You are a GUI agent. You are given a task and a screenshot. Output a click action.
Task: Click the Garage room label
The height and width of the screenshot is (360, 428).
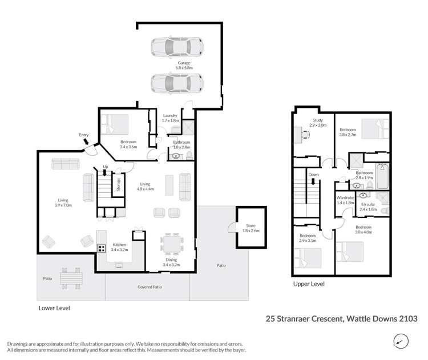tap(183, 64)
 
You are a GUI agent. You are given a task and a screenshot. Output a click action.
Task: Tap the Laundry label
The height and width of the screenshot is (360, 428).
tap(170, 116)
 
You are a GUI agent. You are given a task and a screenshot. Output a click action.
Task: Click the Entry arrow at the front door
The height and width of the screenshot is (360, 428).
tap(85, 141)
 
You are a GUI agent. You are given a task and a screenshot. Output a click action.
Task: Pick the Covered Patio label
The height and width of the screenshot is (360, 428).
tap(150, 286)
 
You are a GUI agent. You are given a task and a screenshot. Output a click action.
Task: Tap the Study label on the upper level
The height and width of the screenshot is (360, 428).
tap(318, 120)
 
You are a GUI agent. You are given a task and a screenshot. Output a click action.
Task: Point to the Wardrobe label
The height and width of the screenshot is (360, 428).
tap(345, 198)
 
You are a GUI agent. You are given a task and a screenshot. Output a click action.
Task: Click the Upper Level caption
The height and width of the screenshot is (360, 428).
tap(309, 283)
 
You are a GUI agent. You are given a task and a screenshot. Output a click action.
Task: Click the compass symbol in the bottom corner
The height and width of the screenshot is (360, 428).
tap(402, 341)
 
